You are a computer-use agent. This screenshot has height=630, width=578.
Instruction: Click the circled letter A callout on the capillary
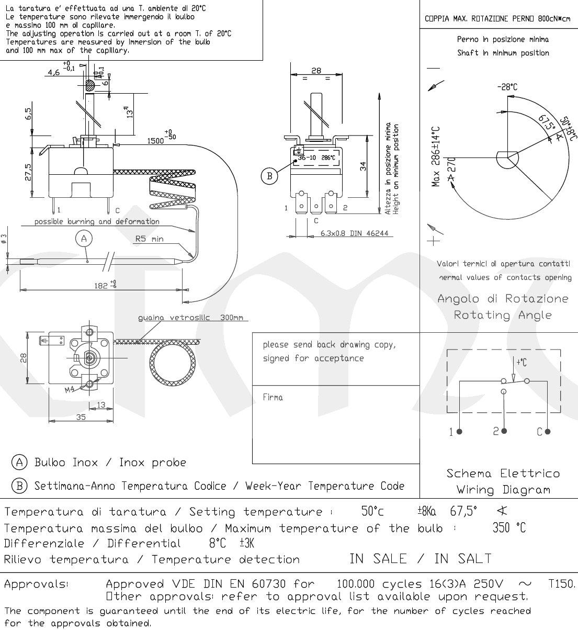click(x=84, y=239)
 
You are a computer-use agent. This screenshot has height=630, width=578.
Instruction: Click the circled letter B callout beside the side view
click(x=269, y=176)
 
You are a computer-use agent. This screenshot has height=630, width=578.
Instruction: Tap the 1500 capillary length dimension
click(x=158, y=140)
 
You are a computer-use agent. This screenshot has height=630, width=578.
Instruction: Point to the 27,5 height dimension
click(x=28, y=172)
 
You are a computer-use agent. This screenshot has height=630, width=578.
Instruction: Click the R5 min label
click(x=149, y=239)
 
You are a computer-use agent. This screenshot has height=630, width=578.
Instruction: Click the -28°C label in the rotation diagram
click(x=507, y=87)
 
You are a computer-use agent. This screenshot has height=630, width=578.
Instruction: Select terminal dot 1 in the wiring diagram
click(x=459, y=432)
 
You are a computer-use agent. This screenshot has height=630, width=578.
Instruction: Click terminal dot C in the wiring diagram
click(x=548, y=432)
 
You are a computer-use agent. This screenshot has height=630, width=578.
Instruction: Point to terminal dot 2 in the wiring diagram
click(x=504, y=431)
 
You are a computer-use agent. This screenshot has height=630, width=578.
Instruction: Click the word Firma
click(x=273, y=398)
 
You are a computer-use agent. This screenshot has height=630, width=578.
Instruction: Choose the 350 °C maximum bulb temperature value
click(x=509, y=528)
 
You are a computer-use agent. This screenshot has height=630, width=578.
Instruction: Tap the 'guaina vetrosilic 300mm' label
click(x=190, y=318)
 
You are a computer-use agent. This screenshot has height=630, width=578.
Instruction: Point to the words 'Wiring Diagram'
click(x=503, y=490)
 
